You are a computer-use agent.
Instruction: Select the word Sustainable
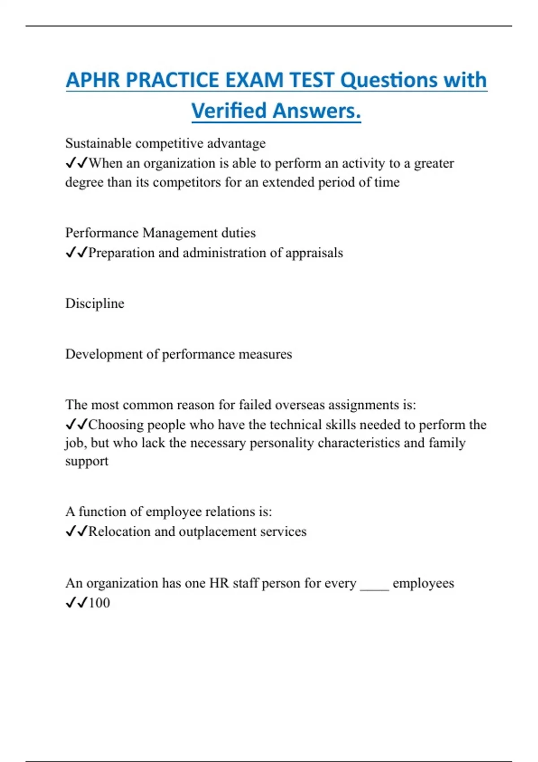[x=98, y=143]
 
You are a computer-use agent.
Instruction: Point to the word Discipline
[x=95, y=303]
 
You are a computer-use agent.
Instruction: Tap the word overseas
[x=299, y=405]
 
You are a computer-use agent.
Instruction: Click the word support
[x=87, y=461]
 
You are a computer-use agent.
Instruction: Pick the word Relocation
[x=119, y=532]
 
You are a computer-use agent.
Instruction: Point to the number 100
[x=99, y=603]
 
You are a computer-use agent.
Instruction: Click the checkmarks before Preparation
[x=76, y=253]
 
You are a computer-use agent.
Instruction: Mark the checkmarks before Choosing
[x=76, y=424]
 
